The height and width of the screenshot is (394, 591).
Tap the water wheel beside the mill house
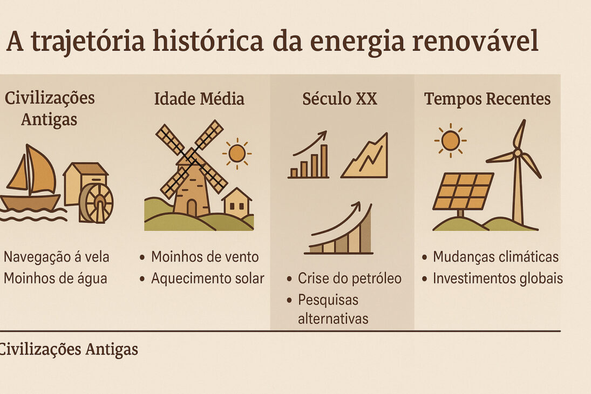pyautogui.click(x=97, y=203)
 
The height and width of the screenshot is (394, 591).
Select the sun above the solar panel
pyautogui.click(x=450, y=140)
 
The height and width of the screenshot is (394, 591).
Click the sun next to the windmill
pyautogui.click(x=236, y=153)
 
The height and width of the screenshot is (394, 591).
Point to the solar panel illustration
pyautogui.click(x=463, y=191)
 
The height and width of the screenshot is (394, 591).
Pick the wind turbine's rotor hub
pyautogui.click(x=517, y=153)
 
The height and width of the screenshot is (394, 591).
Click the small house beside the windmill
pyautogui.click(x=236, y=203)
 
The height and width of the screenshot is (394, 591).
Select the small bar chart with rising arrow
pyautogui.click(x=309, y=157)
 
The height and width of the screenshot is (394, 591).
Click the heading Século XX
pyautogui.click(x=339, y=99)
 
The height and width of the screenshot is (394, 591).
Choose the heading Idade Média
pyautogui.click(x=199, y=99)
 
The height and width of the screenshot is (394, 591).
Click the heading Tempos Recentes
pyautogui.click(x=487, y=99)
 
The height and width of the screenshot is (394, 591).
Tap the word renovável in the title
pyautogui.click(x=475, y=41)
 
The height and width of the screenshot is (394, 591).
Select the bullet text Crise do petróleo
pyautogui.click(x=350, y=278)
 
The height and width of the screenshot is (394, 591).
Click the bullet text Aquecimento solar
pyautogui.click(x=208, y=278)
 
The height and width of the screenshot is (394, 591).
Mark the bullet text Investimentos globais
pyautogui.click(x=498, y=278)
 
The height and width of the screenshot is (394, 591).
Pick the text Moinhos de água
pyautogui.click(x=56, y=278)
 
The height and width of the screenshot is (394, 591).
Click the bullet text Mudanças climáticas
pyautogui.click(x=495, y=257)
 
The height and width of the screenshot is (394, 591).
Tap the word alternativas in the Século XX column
pyautogui.click(x=333, y=318)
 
